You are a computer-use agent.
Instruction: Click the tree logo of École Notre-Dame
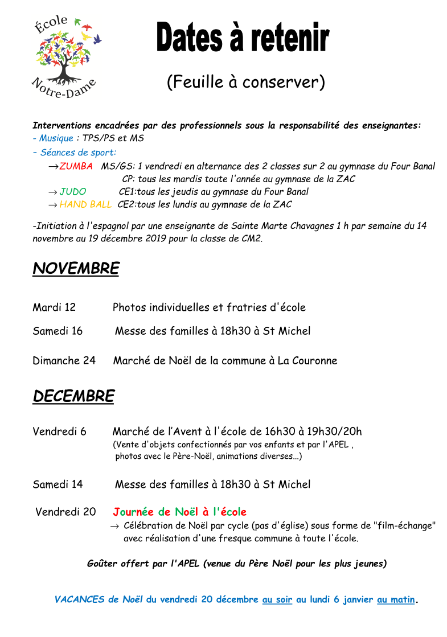pyautogui.click(x=65, y=55)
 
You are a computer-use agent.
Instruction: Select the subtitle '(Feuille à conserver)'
pyautogui.click(x=245, y=82)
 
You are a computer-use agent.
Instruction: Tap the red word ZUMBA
pyautogui.click(x=76, y=166)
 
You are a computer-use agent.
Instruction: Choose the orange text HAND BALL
pyautogui.click(x=85, y=204)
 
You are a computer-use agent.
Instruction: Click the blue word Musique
pyautogui.click(x=56, y=138)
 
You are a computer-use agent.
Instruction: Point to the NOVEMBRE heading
pyautogui.click(x=76, y=269)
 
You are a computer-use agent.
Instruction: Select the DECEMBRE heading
pyautogui.click(x=73, y=396)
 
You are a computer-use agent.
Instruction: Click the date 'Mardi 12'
pyautogui.click(x=54, y=307)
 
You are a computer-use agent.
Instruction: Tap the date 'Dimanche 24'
pyautogui.click(x=64, y=360)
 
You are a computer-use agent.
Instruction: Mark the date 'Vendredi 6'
pyautogui.click(x=59, y=431)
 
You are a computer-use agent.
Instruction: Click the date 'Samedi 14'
pyautogui.click(x=58, y=484)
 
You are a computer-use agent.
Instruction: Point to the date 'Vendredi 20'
pyautogui.click(x=65, y=512)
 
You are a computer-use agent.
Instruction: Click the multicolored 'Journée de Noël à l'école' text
pyautogui.click(x=179, y=512)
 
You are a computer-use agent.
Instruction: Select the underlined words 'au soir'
pyautogui.click(x=277, y=599)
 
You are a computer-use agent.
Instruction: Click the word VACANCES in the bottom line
pyautogui.click(x=79, y=599)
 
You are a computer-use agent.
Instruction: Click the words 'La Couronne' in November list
pyautogui.click(x=307, y=360)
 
